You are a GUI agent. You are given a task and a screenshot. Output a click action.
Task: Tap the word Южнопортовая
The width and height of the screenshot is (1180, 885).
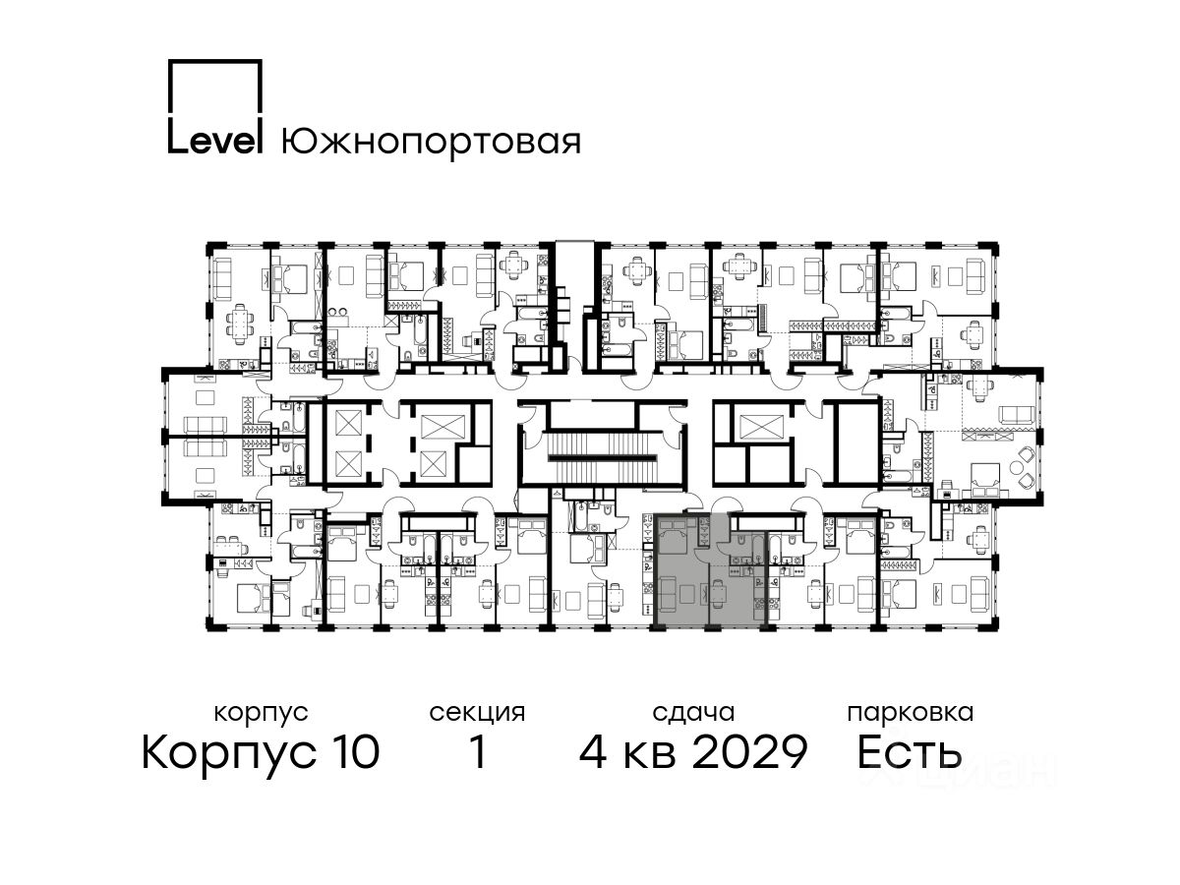tap(431, 142)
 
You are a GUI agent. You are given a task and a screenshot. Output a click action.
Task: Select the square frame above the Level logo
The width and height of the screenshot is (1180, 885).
tap(215, 88)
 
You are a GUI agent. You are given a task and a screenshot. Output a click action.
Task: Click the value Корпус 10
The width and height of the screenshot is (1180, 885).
tap(261, 752)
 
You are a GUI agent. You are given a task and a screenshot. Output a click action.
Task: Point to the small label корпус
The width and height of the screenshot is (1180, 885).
tap(261, 713)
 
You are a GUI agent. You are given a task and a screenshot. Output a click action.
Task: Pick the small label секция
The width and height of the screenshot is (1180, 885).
tap(477, 713)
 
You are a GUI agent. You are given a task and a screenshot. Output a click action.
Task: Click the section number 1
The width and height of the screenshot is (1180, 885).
tap(478, 752)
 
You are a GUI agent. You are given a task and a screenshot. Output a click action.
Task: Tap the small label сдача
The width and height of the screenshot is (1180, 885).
tap(693, 713)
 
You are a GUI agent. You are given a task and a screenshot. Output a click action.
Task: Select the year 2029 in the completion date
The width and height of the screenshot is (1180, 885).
tap(750, 752)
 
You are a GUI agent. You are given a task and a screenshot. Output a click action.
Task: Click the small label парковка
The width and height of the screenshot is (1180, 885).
tap(911, 713)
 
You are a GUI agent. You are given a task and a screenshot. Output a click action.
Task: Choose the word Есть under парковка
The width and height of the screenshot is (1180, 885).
tap(909, 752)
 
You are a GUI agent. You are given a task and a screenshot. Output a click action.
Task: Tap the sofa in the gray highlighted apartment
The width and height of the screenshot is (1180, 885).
tap(667, 594)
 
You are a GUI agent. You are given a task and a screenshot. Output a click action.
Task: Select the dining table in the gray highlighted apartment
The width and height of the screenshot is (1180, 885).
tap(716, 594)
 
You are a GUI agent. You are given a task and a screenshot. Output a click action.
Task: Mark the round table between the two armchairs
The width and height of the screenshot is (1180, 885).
tap(1016, 467)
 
